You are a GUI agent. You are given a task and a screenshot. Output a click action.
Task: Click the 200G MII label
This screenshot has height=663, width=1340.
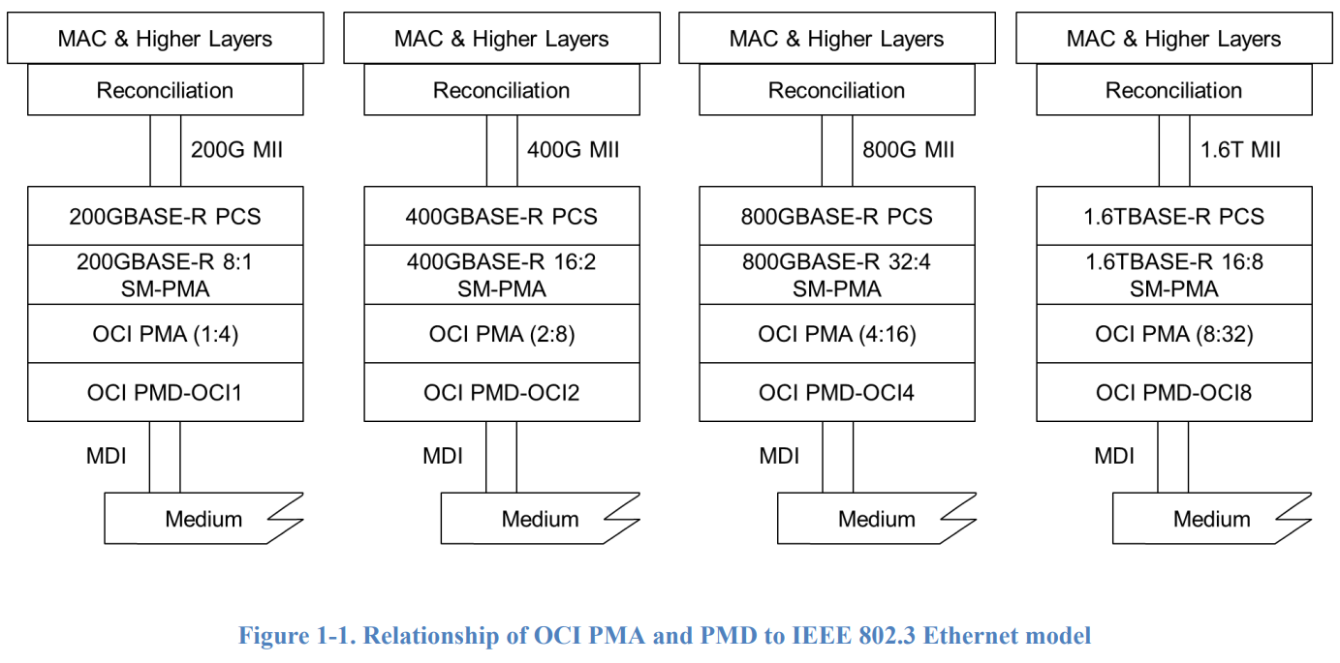(236, 150)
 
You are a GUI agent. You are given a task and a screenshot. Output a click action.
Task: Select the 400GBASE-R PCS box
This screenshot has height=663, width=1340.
(501, 216)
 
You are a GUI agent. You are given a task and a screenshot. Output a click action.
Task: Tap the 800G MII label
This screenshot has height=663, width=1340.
(908, 150)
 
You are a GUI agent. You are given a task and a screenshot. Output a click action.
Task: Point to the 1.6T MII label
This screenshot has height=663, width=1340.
(1240, 150)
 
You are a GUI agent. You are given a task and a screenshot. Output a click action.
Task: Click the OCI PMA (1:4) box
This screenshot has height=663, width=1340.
(165, 334)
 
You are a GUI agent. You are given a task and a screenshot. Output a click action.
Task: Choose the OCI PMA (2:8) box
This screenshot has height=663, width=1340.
(501, 334)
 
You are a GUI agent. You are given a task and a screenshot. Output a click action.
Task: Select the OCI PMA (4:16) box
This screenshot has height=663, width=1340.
(837, 334)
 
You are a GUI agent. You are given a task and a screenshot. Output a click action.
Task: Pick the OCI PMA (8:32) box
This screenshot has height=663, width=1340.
(1173, 334)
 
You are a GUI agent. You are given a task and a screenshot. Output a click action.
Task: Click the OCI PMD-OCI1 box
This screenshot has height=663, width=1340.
(165, 392)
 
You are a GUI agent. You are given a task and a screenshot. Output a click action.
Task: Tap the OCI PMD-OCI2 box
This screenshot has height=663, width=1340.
(501, 392)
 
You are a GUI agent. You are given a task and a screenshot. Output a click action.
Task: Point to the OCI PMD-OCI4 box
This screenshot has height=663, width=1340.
(837, 392)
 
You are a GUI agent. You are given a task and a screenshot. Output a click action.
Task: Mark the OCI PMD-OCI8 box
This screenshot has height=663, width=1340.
(1173, 392)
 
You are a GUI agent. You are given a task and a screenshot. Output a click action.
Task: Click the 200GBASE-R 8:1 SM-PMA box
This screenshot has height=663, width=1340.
(165, 275)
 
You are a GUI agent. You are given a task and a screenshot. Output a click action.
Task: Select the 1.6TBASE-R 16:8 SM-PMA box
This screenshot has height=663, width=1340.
(1173, 275)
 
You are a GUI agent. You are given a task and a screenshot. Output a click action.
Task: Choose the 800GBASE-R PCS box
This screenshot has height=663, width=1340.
(837, 216)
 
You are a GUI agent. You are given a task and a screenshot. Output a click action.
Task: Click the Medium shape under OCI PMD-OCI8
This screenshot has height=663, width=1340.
(1211, 519)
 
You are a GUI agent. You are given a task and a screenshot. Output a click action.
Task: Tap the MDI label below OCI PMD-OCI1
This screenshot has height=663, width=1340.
(106, 455)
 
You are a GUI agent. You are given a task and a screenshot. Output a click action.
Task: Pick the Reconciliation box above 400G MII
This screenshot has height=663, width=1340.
(501, 91)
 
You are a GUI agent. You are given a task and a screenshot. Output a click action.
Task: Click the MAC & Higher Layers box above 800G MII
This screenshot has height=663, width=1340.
(837, 39)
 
